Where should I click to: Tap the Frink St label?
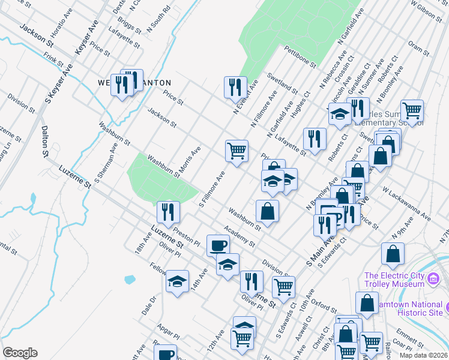coord(53,59)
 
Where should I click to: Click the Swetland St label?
coord(282,81)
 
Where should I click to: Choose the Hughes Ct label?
coord(299,103)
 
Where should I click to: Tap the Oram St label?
coord(416,47)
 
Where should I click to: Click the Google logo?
coord(20,353)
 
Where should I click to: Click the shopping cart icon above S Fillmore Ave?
coord(237,150)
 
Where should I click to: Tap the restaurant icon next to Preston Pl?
coord(168,211)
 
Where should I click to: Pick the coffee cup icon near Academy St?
coord(218,245)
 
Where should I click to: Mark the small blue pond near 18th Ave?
coord(130,279)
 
